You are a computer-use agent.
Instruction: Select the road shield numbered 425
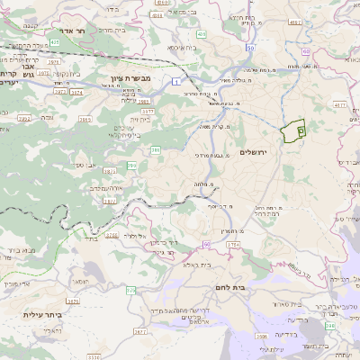point(54,41)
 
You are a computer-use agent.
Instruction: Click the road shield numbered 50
point(206,244)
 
